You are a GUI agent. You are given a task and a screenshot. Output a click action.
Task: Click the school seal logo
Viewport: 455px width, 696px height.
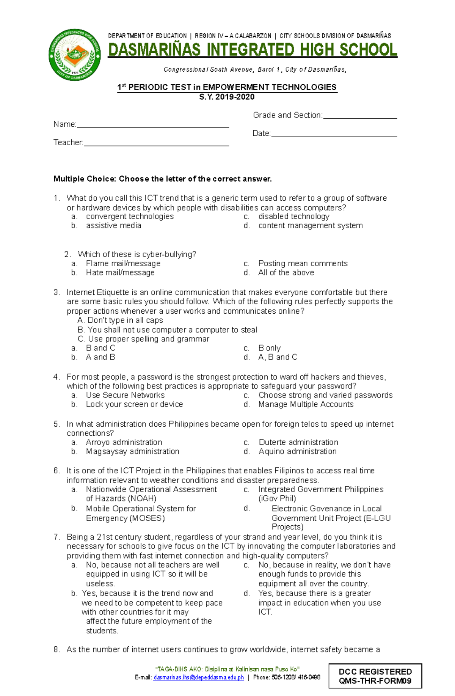click(x=75, y=55)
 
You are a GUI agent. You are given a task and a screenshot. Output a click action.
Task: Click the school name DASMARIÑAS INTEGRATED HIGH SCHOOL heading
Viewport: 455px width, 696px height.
click(x=253, y=50)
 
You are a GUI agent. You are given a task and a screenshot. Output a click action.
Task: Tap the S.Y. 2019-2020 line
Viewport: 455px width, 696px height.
click(x=227, y=97)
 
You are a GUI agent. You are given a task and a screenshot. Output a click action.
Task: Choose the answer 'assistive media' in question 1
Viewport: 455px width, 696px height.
click(x=113, y=226)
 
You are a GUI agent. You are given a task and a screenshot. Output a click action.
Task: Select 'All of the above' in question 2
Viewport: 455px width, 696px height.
click(x=286, y=273)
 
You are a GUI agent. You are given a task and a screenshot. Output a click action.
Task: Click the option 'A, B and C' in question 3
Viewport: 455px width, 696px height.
click(x=278, y=357)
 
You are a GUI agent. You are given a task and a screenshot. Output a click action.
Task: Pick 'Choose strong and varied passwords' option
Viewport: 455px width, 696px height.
click(x=325, y=395)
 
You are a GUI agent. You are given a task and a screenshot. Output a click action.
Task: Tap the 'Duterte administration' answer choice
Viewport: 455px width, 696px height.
click(x=298, y=442)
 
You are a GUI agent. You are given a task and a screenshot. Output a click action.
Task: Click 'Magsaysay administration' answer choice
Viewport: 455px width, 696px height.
click(x=132, y=451)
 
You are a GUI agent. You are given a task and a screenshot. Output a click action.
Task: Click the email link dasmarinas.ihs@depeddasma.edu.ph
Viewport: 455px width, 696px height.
click(x=198, y=677)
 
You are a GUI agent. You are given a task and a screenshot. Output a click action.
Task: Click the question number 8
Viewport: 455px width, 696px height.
click(x=56, y=650)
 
